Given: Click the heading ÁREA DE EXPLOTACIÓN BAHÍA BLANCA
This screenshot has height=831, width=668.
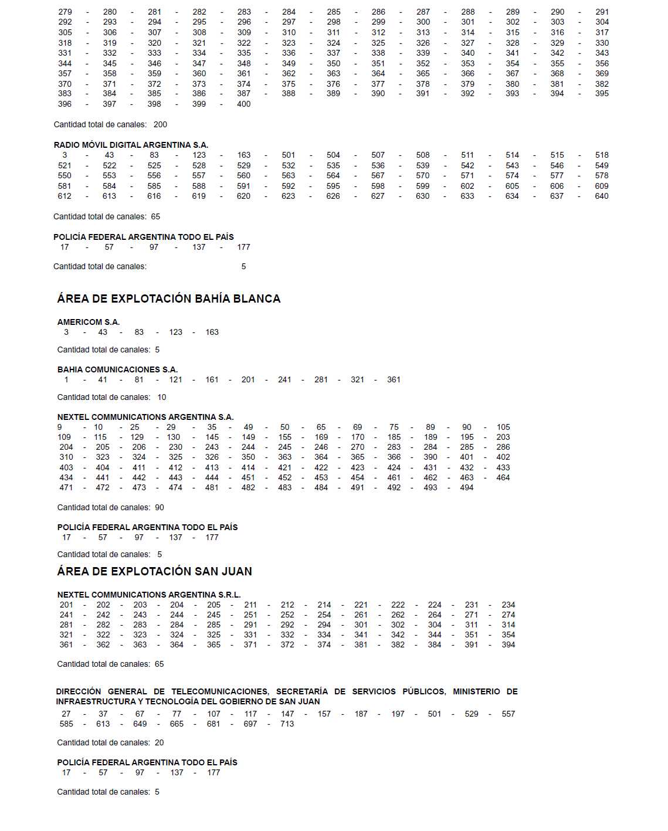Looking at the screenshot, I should (168, 299).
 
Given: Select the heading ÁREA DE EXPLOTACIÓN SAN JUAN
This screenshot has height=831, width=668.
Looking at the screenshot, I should (154, 571).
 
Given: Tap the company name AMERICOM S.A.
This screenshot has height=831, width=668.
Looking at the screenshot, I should (89, 322).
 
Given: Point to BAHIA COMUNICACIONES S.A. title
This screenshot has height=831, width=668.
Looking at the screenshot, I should (117, 369).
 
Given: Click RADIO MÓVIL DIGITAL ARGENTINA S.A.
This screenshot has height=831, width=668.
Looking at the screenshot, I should (131, 145).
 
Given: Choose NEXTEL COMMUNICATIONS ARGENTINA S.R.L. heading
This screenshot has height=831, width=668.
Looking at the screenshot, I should (149, 595).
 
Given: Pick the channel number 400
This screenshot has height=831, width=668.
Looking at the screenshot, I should (244, 104).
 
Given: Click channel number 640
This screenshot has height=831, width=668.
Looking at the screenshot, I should (602, 196).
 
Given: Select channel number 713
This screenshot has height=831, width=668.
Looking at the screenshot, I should (287, 724).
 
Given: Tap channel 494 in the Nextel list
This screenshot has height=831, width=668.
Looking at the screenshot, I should (467, 487).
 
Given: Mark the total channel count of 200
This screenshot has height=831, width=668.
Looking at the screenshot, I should (160, 124).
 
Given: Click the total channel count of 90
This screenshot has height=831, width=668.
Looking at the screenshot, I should (160, 507).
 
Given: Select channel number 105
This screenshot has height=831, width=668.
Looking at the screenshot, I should (503, 427).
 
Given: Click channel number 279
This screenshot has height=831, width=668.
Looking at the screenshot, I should (65, 12).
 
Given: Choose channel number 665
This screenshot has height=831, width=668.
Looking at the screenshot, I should (177, 724).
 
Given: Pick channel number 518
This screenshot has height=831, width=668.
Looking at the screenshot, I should (602, 155).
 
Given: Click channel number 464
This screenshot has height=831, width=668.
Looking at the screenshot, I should (503, 477).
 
